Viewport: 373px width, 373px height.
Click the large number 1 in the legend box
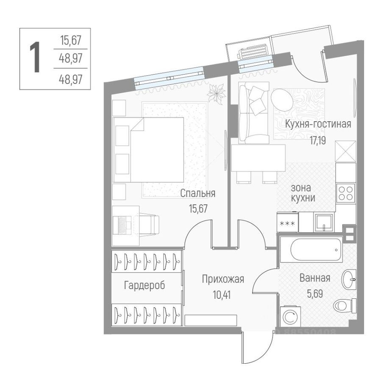(x=36, y=58)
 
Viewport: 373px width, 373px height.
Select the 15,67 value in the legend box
(x=70, y=41)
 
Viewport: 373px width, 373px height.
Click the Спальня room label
(x=198, y=193)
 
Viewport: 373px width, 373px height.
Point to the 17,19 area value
(x=317, y=141)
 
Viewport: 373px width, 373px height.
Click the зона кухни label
(x=303, y=192)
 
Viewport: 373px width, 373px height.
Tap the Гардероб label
(x=144, y=285)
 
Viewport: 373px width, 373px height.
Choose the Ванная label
(x=315, y=278)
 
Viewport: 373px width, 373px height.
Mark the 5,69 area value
(x=315, y=293)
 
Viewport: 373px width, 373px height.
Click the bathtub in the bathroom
(x=311, y=250)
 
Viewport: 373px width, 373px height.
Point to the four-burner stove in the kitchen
(x=346, y=193)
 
